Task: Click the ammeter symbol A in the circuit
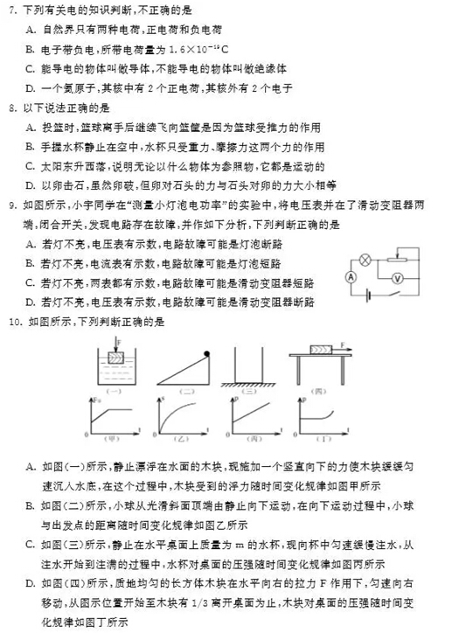point(349,274)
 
